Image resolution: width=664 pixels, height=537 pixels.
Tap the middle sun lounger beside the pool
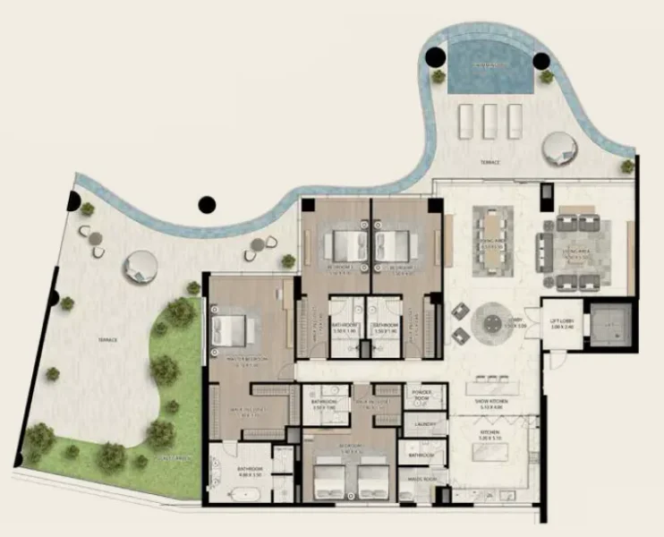pyautogui.click(x=489, y=120)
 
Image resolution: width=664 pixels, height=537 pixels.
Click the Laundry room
pyautogui.click(x=419, y=426)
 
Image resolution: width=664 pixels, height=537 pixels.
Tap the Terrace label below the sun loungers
pyautogui.click(x=489, y=164)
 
